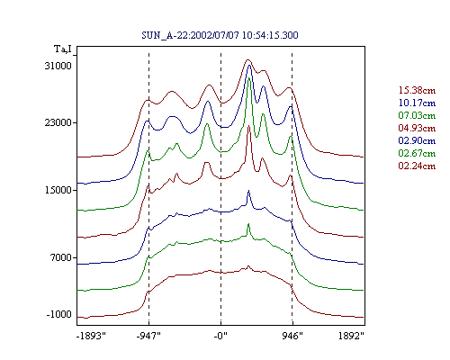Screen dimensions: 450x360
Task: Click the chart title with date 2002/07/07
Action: [x=220, y=35]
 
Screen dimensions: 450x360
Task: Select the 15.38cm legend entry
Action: [x=417, y=90]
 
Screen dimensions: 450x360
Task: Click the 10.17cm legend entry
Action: [x=417, y=103]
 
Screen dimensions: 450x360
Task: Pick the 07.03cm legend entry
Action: [x=417, y=115]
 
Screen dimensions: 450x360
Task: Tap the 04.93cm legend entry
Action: [x=417, y=128]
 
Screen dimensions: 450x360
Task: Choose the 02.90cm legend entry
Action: [x=417, y=140]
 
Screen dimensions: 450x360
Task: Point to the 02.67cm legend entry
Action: [x=417, y=153]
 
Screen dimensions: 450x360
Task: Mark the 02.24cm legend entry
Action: [x=417, y=166]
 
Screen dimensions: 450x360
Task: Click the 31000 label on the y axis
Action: [x=58, y=66]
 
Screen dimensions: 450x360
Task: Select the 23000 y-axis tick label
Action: [x=58, y=122]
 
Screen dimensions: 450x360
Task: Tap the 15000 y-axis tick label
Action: [x=58, y=190]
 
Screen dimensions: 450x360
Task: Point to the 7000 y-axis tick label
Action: [x=61, y=257]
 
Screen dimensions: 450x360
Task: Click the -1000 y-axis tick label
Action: [x=59, y=314]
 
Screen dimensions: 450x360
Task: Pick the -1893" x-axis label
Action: [x=92, y=336]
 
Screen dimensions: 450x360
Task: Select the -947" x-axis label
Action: [x=148, y=336]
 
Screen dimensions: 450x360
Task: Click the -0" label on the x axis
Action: [x=220, y=336]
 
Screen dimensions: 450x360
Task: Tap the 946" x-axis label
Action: [x=292, y=336]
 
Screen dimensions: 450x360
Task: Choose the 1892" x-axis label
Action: [x=351, y=336]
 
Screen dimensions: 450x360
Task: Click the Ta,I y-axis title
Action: [x=63, y=49]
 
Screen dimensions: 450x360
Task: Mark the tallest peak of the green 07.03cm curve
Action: [x=248, y=78]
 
